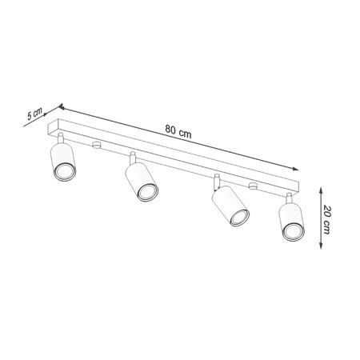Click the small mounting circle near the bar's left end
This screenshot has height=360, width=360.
click(x=97, y=146)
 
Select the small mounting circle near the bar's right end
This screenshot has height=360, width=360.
click(x=254, y=187)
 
